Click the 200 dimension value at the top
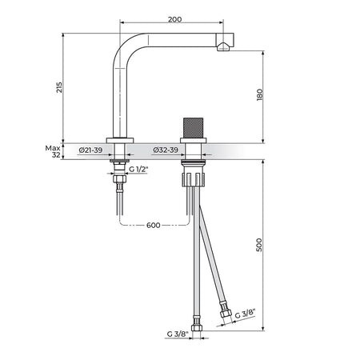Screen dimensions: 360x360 174,19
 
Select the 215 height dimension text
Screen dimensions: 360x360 59,87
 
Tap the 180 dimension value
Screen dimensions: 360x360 259,94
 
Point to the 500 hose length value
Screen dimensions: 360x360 259,245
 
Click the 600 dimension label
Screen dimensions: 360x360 154,226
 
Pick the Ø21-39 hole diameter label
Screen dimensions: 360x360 90,150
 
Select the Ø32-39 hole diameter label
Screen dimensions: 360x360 166,150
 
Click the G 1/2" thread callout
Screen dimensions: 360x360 138,169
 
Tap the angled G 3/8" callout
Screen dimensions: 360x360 246,314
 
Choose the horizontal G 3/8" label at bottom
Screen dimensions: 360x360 178,334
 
